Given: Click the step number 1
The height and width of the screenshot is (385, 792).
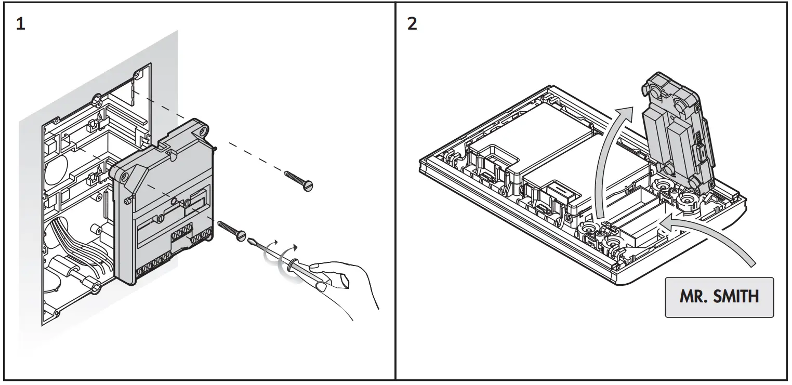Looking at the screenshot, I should [20, 24].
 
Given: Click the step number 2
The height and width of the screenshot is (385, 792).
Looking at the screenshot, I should [412, 24].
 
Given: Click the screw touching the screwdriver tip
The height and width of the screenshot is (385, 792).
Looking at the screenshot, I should [232, 230].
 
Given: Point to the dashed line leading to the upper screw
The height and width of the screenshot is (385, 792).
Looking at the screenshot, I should [249, 153].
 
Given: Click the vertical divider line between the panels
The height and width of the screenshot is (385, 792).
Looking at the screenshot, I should [395, 192].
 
